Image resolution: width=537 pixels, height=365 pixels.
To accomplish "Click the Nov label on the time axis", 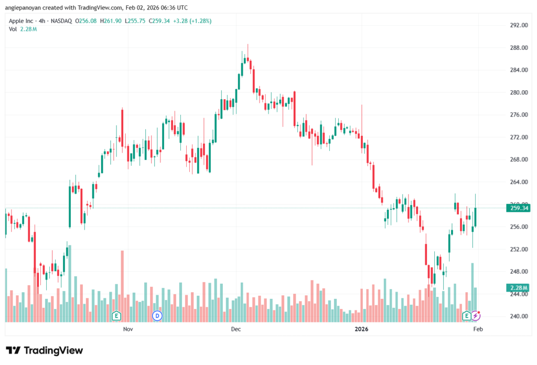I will tap(127, 329).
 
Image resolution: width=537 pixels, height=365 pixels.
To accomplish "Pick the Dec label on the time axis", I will tap(235, 329).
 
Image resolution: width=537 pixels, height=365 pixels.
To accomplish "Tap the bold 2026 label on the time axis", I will tap(361, 329).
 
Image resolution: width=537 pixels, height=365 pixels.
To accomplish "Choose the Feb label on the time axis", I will tap(478, 329).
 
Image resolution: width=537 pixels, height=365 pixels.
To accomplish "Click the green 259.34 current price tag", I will tap(519, 208).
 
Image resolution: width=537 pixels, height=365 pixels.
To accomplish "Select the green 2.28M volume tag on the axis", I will tap(519, 287).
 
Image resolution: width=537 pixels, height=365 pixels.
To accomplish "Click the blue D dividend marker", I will tap(157, 316).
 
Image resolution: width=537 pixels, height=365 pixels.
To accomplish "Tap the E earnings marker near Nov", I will tap(116, 316).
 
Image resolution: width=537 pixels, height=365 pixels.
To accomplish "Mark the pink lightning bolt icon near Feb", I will tap(476, 316).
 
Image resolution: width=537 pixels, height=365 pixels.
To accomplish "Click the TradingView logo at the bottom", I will tap(45, 350).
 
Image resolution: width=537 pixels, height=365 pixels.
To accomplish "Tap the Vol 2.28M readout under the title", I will tap(23, 29).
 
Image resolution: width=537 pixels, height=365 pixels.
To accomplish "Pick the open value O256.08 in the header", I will tap(85, 21).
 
